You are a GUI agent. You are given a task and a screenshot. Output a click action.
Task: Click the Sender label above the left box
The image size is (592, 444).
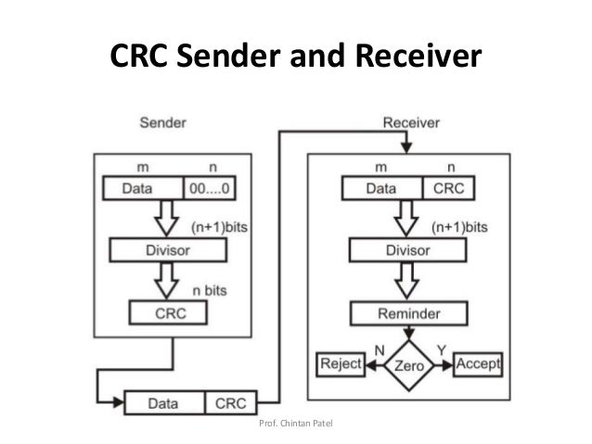coord(161,122)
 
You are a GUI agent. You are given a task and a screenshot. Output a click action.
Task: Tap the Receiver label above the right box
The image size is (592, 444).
coord(411,122)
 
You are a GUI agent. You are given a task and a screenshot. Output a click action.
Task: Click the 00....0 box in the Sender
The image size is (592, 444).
coord(212,188)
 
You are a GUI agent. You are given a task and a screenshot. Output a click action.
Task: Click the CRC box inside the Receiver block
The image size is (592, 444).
coord(450,188)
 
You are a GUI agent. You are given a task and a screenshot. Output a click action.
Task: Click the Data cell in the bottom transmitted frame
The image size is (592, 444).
coord(164,404)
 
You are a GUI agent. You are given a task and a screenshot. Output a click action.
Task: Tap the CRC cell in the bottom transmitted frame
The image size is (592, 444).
coord(231,404)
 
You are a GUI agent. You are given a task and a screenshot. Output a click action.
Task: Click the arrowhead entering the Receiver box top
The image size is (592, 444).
coord(405,148)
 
